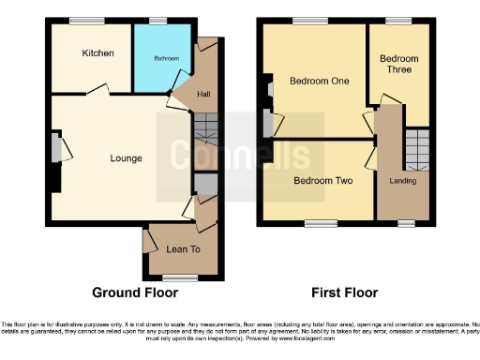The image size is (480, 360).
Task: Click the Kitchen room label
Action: (97, 53)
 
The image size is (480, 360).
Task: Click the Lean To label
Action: (181, 249)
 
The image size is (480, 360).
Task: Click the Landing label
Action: (403, 180)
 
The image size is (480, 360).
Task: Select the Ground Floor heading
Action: (134, 292)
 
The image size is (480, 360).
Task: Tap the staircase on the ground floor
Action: (204, 128)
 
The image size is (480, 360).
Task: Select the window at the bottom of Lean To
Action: (179, 277)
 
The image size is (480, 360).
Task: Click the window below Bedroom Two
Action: (320, 222)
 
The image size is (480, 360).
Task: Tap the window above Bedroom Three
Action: (398, 21)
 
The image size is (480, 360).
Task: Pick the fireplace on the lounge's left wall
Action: (55, 148)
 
